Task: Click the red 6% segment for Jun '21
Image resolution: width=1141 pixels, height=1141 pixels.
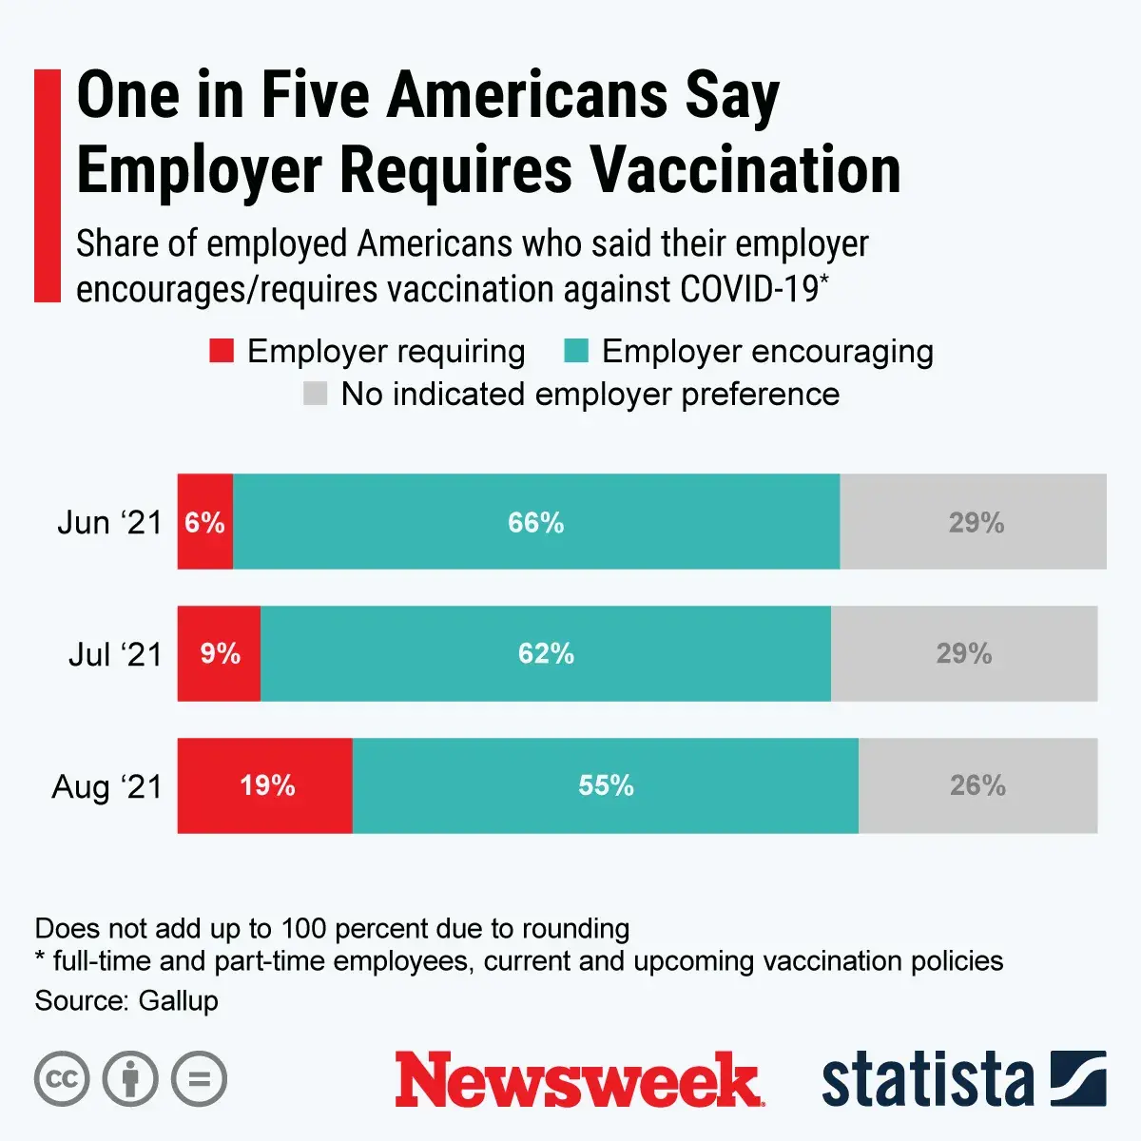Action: click(x=204, y=522)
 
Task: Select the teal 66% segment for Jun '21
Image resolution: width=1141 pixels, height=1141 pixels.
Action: click(x=536, y=522)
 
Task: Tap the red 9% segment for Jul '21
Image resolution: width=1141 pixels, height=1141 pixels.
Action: click(x=220, y=654)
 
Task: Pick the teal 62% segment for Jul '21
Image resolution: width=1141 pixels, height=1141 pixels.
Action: click(x=546, y=654)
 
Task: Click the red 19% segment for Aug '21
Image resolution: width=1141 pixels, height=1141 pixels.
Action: click(x=265, y=786)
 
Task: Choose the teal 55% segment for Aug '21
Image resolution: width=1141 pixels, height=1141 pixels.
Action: click(x=606, y=786)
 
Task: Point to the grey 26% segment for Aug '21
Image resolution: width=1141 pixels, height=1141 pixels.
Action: click(x=977, y=786)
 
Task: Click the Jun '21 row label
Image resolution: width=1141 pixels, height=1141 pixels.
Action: click(x=110, y=523)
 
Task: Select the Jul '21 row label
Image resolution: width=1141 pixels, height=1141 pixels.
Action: click(x=115, y=655)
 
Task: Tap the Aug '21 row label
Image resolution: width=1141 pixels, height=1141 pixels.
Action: click(x=107, y=787)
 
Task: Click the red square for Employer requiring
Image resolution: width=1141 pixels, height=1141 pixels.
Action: click(x=222, y=352)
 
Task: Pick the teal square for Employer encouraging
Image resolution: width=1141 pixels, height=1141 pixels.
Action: click(x=576, y=352)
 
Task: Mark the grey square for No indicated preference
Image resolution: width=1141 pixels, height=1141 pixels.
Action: click(x=315, y=394)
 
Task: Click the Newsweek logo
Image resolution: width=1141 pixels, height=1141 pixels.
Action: click(x=578, y=1080)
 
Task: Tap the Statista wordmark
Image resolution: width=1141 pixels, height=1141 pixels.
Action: click(x=927, y=1080)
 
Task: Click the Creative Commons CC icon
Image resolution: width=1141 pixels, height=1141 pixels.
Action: click(x=62, y=1079)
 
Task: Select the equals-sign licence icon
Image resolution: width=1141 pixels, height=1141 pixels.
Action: click(x=199, y=1079)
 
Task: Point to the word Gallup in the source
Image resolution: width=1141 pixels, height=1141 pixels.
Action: click(x=178, y=1001)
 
